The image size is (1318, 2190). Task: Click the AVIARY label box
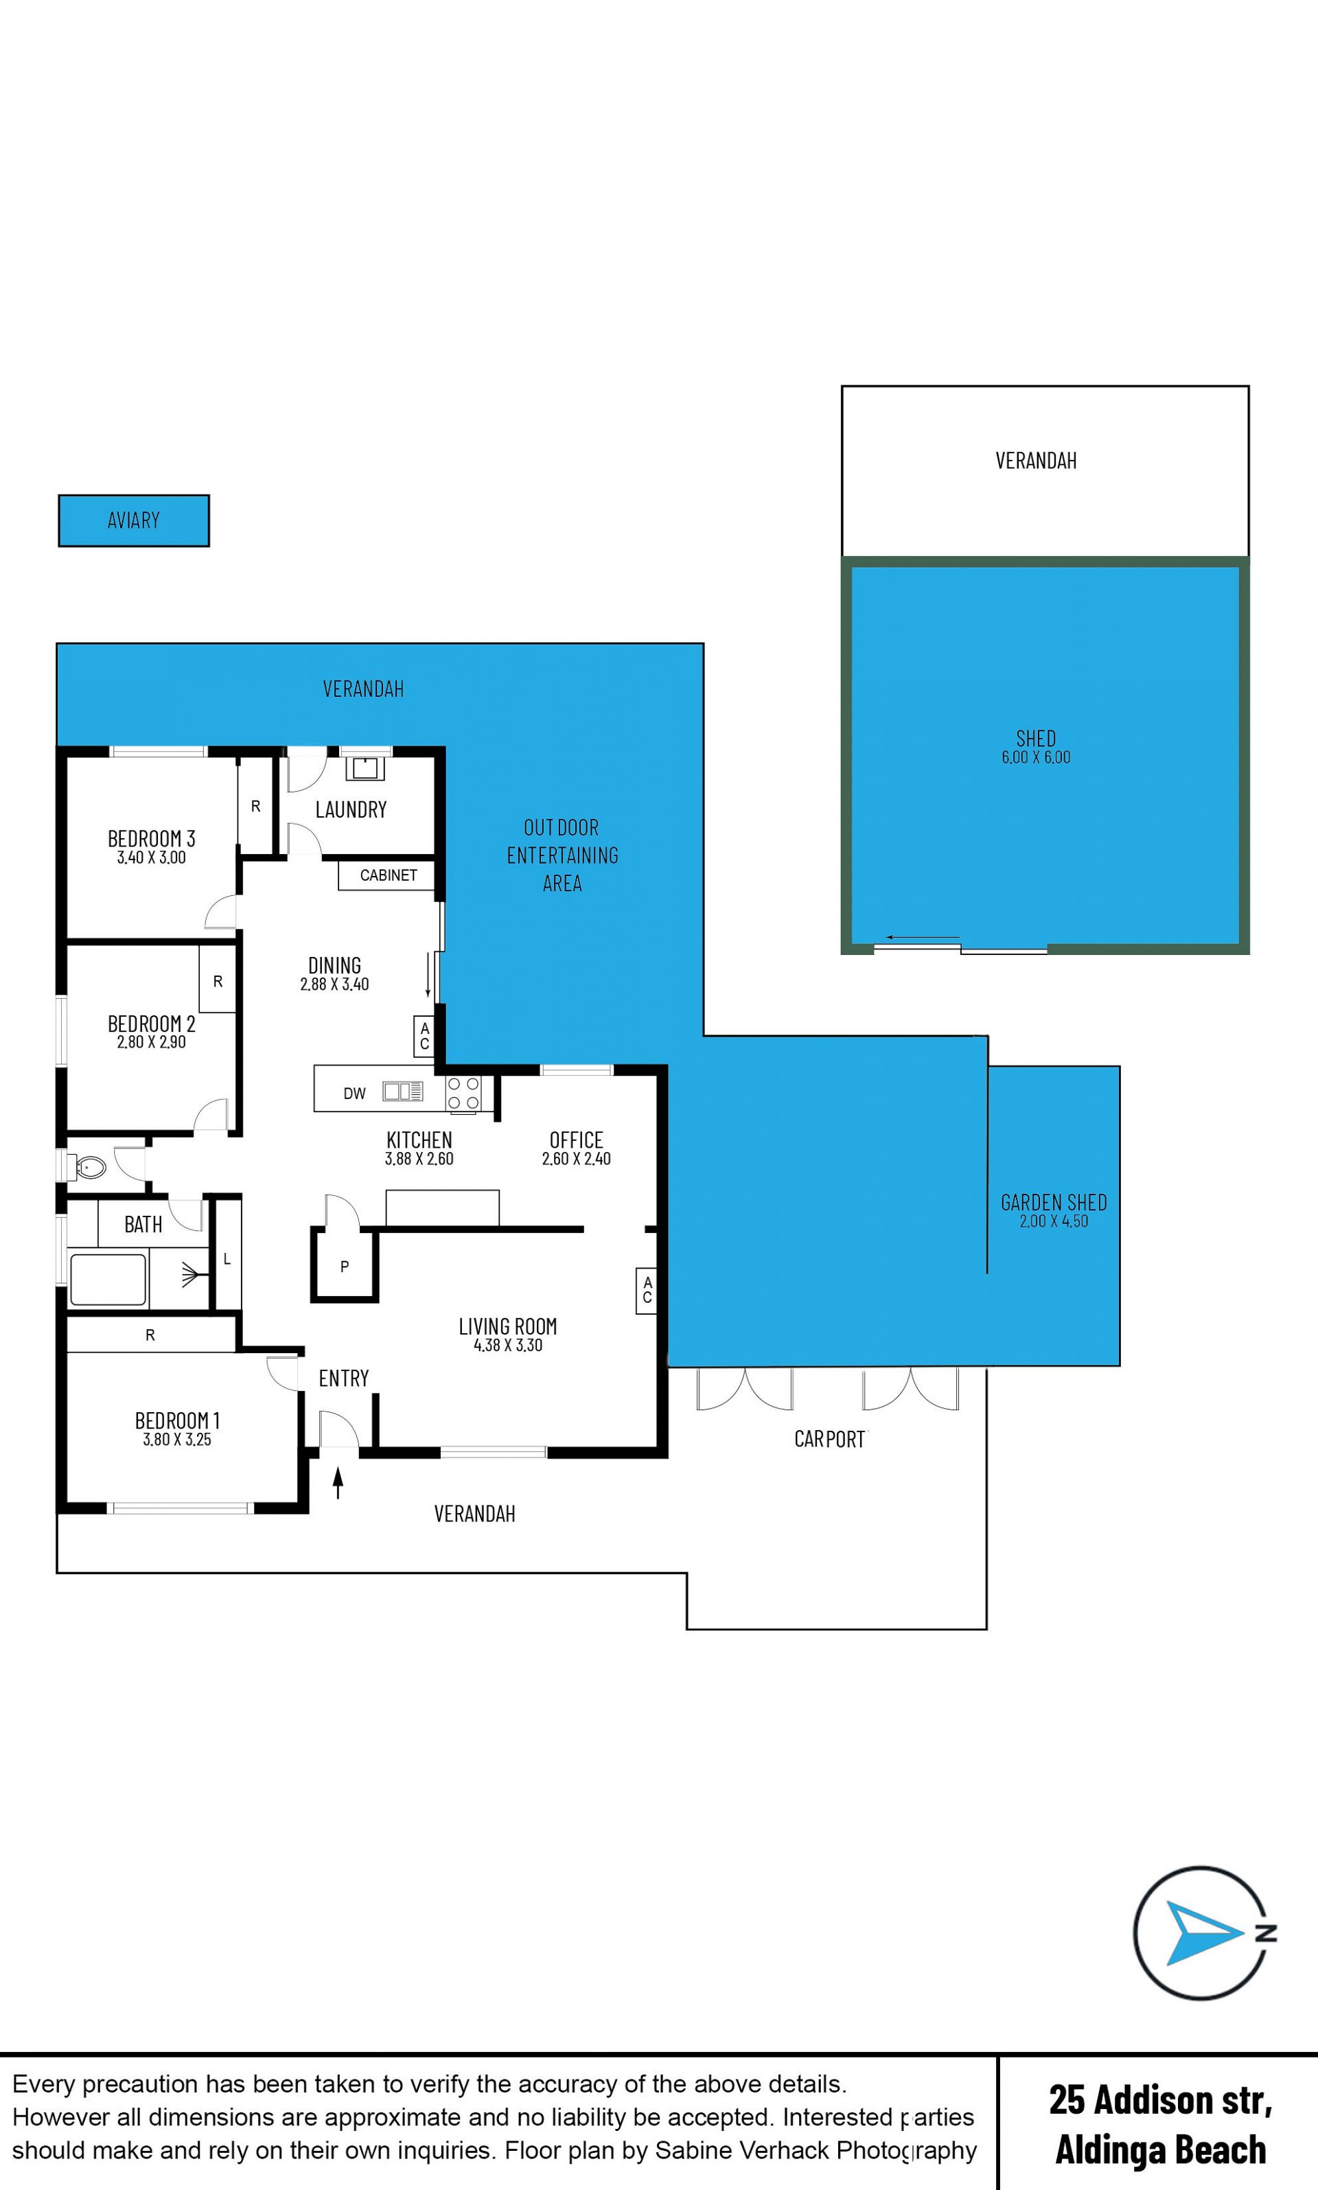(x=134, y=520)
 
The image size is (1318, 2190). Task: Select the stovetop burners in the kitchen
(x=463, y=1093)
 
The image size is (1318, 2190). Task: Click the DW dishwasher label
(x=354, y=1093)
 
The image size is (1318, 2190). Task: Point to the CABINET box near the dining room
(x=387, y=875)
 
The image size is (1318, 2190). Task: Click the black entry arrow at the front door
(x=338, y=1483)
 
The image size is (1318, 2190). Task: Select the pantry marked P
(x=345, y=1265)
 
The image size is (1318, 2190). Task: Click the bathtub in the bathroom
(x=108, y=1280)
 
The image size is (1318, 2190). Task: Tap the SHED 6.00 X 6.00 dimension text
(x=1037, y=757)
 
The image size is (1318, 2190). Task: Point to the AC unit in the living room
(x=647, y=1289)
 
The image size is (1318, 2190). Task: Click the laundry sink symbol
(x=364, y=768)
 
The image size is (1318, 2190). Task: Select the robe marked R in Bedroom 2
(x=218, y=980)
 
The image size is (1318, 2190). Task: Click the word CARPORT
(x=829, y=1440)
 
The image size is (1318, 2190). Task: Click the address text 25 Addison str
(x=1160, y=2099)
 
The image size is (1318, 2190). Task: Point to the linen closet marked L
(x=227, y=1258)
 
